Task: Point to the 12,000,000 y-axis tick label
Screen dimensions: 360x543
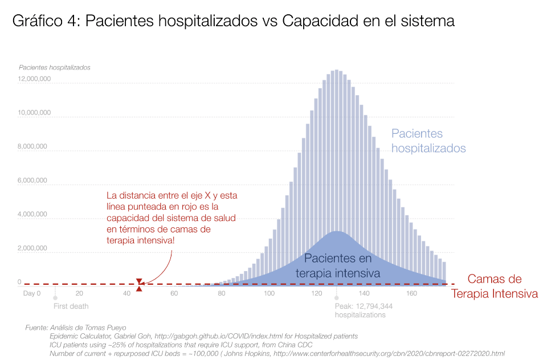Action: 35,79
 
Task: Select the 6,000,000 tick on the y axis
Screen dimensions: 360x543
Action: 35,181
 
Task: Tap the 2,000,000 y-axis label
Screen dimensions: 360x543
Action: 35,248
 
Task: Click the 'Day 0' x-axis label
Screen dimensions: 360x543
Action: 32,293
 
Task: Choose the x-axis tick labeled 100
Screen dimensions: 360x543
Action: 270,293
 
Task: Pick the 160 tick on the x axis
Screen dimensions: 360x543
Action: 411,293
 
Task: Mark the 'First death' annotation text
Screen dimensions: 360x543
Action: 71,306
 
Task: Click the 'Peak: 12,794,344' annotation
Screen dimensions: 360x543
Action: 364,306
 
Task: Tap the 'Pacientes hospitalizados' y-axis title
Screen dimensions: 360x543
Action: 55,67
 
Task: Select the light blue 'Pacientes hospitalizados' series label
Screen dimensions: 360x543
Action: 428,141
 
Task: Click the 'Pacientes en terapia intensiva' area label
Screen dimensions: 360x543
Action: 338,265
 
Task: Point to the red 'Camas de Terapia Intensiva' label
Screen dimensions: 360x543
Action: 494,287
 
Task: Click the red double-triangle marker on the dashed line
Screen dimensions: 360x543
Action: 139,284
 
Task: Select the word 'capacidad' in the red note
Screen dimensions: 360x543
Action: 128,218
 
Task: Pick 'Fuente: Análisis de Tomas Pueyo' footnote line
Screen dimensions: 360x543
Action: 76,328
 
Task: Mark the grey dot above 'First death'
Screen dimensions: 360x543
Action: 55,297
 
